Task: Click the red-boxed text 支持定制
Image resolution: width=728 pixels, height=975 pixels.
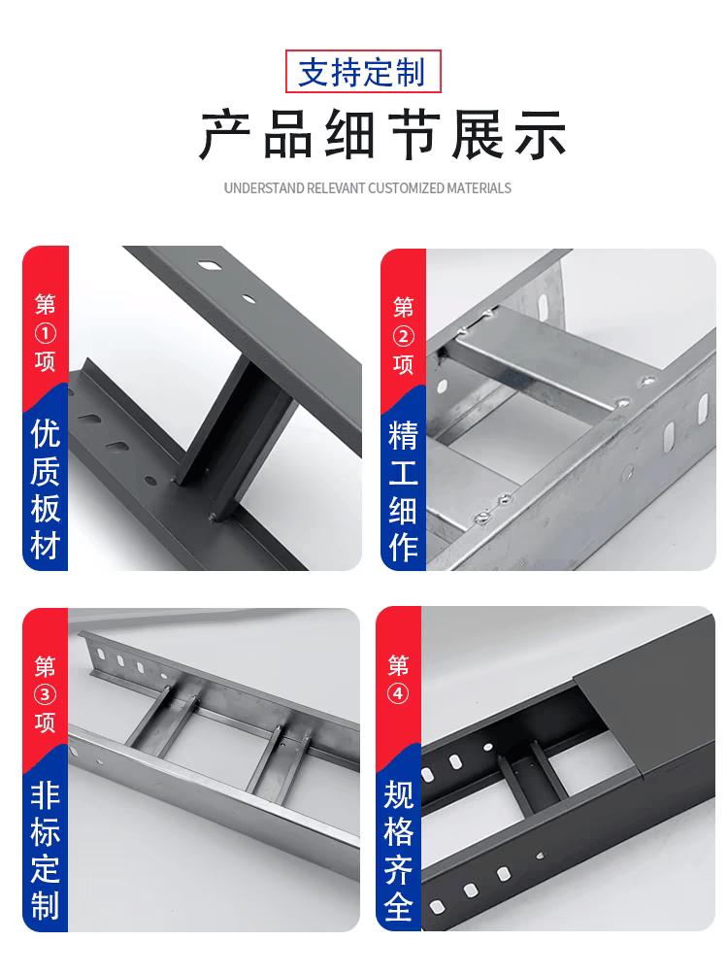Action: pos(362,72)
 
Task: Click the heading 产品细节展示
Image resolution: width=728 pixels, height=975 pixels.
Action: pos(382,135)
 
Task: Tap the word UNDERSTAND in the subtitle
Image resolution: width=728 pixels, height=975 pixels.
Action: pos(264,187)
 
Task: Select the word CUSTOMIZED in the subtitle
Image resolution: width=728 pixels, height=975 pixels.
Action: pos(406,187)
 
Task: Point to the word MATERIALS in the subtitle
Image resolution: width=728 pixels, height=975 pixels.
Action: pos(480,187)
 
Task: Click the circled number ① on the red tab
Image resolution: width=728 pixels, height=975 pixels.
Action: pos(46,334)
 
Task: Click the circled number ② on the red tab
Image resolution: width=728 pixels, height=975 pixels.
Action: pos(403,337)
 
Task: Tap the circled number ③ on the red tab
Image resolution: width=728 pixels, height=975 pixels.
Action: pos(46,694)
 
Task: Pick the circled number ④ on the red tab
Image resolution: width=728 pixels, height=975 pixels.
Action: pos(399,693)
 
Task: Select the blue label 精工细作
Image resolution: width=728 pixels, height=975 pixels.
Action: pos(403,491)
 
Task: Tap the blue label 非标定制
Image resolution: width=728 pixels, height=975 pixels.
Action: pos(46,851)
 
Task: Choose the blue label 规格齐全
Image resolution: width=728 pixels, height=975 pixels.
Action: pos(399,851)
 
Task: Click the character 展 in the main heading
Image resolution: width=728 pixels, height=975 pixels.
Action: pos(478,135)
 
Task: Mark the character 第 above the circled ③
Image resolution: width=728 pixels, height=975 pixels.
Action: pos(46,666)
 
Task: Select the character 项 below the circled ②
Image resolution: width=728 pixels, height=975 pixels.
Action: pos(403,364)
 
